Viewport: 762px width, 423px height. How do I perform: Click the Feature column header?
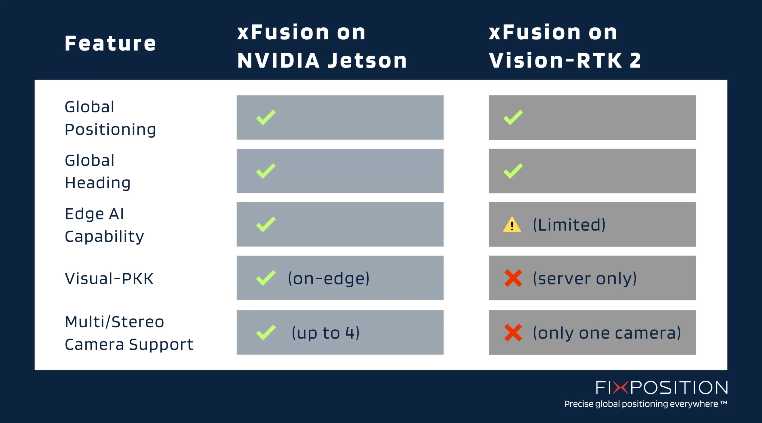click(x=110, y=44)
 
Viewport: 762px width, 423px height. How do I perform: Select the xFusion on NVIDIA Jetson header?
click(x=322, y=46)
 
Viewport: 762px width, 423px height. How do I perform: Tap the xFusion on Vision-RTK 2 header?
click(x=565, y=46)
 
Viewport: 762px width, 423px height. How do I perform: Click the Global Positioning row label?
click(x=110, y=118)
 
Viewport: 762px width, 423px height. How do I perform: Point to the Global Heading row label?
click(x=98, y=172)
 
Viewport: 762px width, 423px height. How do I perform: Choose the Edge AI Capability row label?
click(x=104, y=225)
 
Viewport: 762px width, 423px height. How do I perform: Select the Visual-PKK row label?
click(x=109, y=279)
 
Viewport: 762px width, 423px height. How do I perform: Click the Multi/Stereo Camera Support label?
click(x=129, y=333)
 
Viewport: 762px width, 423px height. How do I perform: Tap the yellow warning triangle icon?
click(x=512, y=225)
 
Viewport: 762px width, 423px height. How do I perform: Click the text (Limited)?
click(x=569, y=225)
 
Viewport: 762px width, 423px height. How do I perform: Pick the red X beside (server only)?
click(x=513, y=278)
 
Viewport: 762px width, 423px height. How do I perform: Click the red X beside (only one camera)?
click(x=513, y=333)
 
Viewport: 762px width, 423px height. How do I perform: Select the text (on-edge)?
click(x=329, y=279)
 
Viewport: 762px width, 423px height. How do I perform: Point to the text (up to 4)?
click(x=326, y=333)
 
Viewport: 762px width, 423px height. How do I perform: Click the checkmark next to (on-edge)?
click(x=266, y=278)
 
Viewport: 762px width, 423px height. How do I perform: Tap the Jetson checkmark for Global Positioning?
click(x=266, y=117)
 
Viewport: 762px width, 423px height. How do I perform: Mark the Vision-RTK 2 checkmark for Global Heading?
click(x=513, y=171)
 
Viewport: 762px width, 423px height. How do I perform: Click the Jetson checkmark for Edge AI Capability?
click(x=266, y=225)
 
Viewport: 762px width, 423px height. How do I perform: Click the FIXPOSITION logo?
click(x=662, y=388)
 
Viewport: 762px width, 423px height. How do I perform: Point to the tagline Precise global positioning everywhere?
click(x=645, y=404)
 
